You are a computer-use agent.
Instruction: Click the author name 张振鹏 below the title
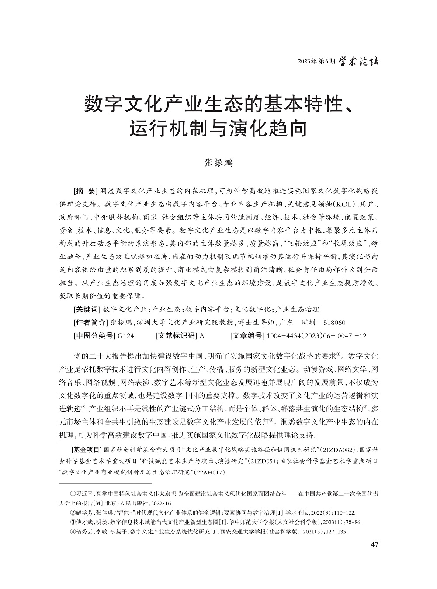(x=218, y=163)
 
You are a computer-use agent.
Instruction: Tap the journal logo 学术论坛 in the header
(x=359, y=60)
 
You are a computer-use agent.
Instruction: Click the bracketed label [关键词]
(x=87, y=309)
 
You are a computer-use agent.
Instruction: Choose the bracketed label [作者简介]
(x=90, y=322)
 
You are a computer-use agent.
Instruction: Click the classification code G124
(x=125, y=335)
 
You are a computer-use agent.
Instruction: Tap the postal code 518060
(x=334, y=322)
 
